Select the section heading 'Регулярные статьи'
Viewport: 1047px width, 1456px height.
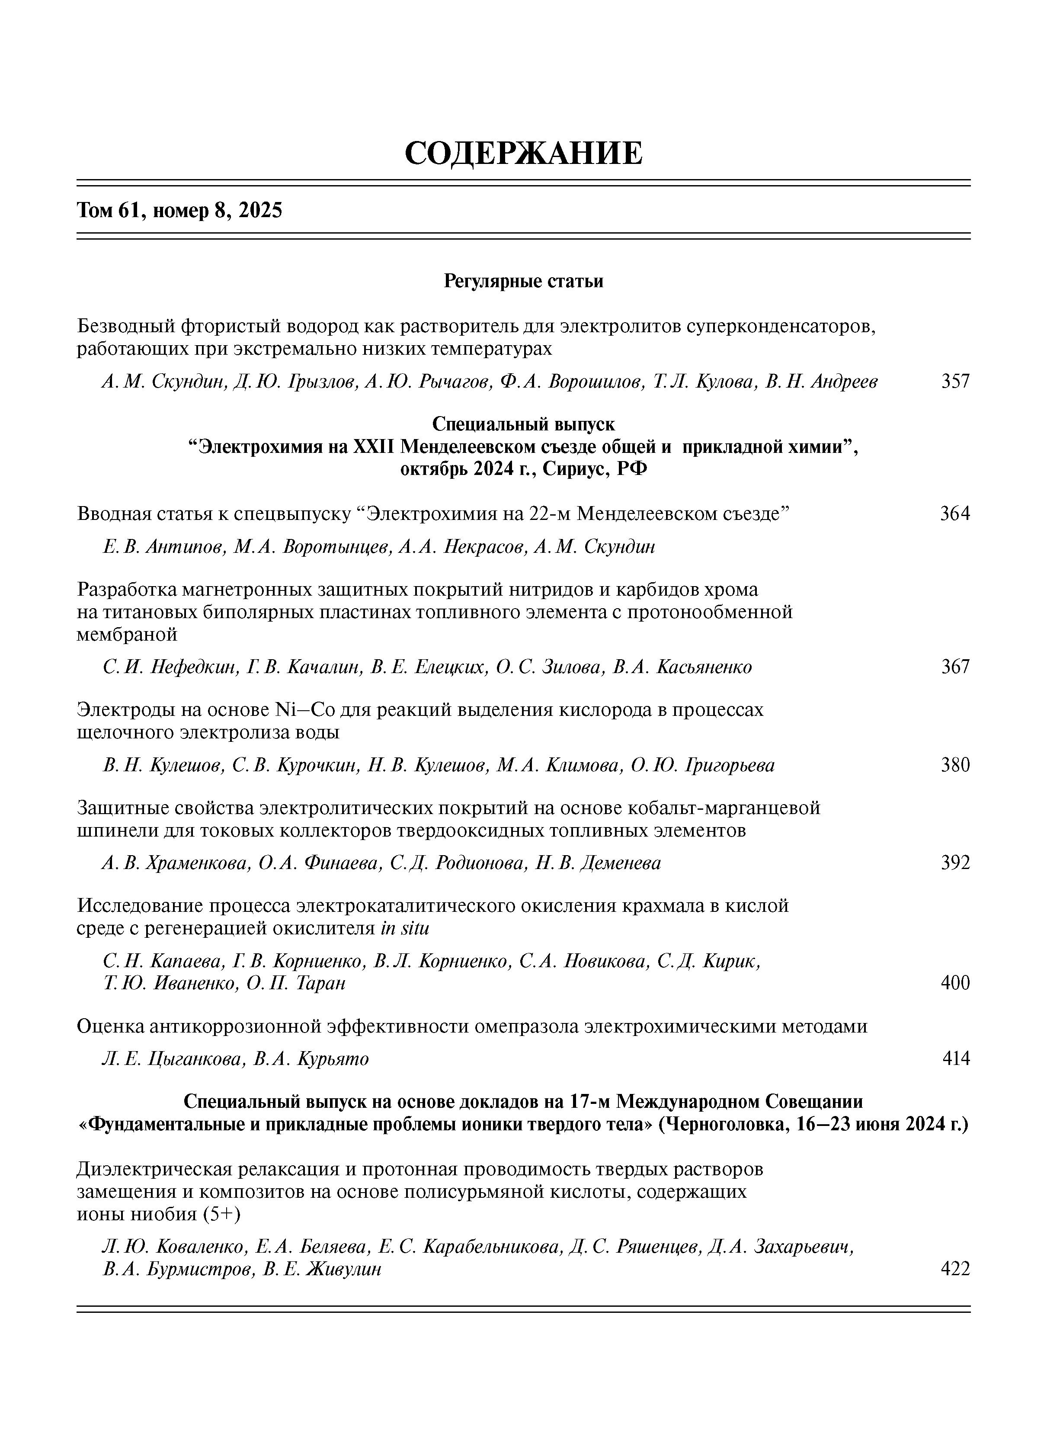(523, 281)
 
